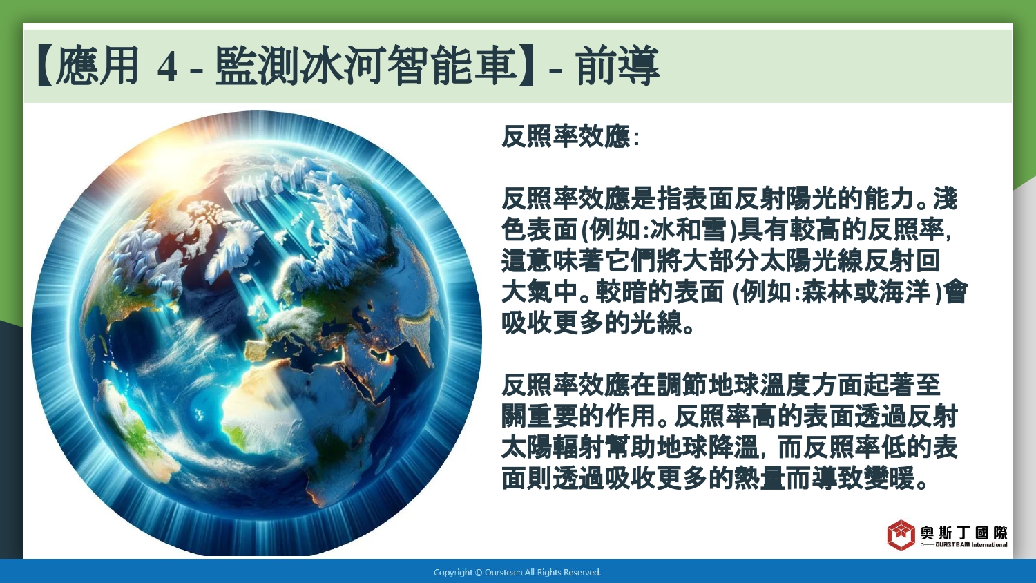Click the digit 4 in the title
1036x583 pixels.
click(167, 68)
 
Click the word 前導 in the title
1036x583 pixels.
click(617, 66)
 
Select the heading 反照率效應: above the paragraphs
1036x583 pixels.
click(570, 137)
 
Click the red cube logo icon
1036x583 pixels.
click(901, 535)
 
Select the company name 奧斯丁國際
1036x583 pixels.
click(964, 532)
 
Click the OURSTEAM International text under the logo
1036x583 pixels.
click(971, 544)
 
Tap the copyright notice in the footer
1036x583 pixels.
click(517, 573)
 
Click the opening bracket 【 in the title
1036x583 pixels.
click(45, 66)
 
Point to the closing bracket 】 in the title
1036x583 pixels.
click(527, 66)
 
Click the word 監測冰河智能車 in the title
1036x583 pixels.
click(365, 66)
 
